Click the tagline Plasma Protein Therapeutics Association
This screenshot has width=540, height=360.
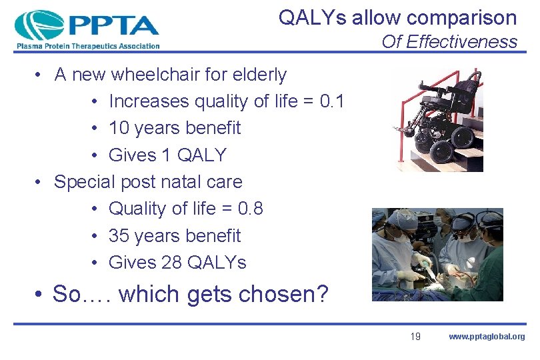pos(87,46)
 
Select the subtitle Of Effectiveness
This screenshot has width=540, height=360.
pos(449,42)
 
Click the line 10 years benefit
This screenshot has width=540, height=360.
pos(174,128)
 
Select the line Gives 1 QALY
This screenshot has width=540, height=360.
pos(167,155)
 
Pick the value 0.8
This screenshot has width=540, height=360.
pos(251,209)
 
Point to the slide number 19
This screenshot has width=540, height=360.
pos(415,337)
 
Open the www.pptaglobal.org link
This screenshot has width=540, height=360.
pos(487,337)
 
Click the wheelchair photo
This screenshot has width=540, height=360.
pos(438,120)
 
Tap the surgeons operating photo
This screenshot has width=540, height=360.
pos(437,254)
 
